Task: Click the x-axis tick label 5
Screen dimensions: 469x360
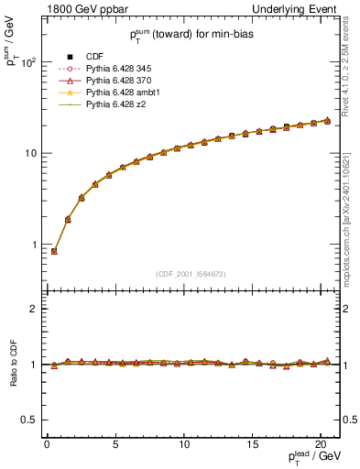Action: coord(115,444)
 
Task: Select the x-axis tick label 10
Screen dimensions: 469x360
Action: coord(183,444)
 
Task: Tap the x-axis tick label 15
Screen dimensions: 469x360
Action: coord(252,444)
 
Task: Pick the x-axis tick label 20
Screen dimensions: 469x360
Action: coord(321,444)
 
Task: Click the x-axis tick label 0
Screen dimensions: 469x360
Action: coord(47,444)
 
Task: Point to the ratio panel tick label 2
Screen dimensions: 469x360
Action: coord(30,309)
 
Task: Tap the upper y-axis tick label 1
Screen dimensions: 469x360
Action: coord(30,245)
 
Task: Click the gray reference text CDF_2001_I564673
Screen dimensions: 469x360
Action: coord(192,273)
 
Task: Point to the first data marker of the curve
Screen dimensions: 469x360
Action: coord(54,251)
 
